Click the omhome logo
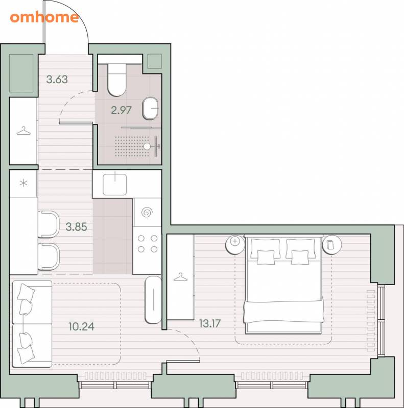pos(44,17)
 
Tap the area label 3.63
pos(57,80)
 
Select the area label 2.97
pos(121,110)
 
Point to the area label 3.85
pos(76,227)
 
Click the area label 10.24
pos(82,326)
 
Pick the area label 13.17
pos(210,323)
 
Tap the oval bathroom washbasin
pos(150,108)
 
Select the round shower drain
pos(147,146)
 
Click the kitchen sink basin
pos(115,185)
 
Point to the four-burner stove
pos(147,244)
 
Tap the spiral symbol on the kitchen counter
pos(147,212)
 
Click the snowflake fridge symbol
pos(23,184)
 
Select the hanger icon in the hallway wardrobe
pos(23,131)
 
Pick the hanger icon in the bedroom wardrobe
pos(180,277)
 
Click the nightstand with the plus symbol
pos(235,244)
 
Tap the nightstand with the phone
pos(332,244)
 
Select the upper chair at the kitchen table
pos(49,224)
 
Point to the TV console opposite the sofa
pos(153,300)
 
